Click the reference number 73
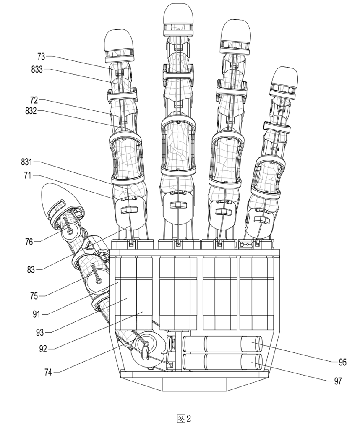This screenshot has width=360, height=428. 41,57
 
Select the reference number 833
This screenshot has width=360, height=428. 37,69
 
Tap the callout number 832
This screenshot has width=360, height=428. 31,111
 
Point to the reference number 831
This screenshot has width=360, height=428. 27,162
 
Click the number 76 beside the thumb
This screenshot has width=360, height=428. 29,242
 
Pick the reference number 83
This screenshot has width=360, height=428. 31,270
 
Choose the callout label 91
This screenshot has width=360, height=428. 37,314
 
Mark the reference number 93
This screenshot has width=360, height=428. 40,332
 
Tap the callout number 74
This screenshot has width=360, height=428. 48,372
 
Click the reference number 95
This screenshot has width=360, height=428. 342,362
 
